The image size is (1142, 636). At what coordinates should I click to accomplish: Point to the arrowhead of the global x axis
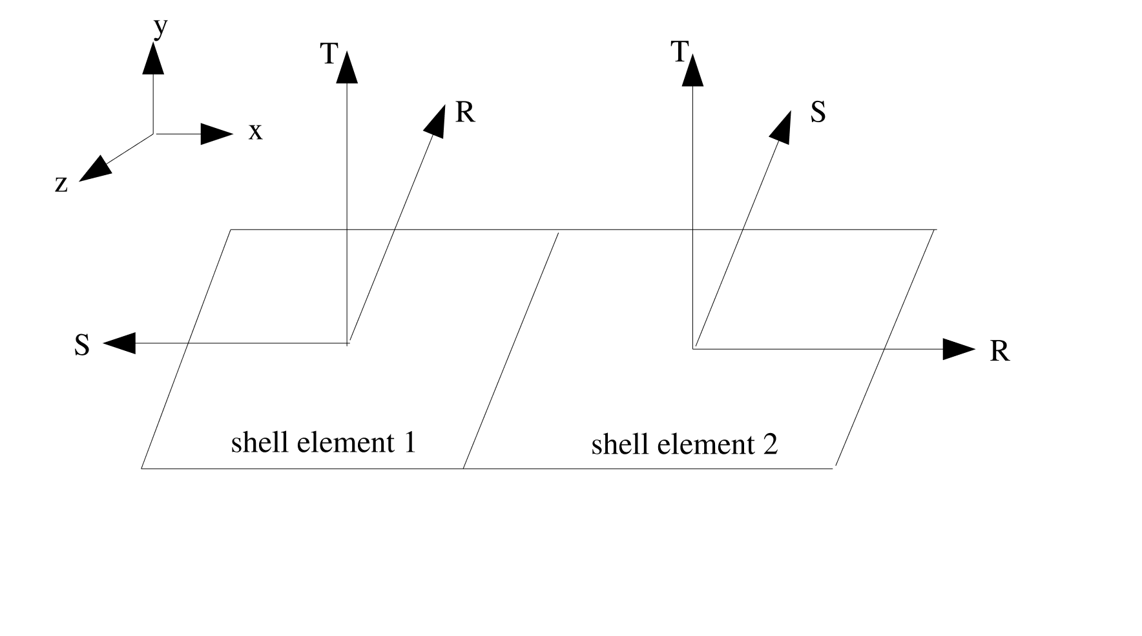point(216,134)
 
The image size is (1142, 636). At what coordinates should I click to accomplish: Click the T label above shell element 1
point(329,54)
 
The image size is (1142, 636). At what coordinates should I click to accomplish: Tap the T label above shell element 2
point(678,52)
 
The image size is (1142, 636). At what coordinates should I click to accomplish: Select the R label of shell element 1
point(465,112)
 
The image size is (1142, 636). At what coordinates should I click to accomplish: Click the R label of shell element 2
point(999,352)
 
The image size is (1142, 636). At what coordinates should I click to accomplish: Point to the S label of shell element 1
point(81,346)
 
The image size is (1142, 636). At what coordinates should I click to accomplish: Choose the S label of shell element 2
point(818,112)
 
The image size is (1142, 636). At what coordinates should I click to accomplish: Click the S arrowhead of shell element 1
point(119,343)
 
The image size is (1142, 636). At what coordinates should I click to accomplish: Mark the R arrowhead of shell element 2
point(958,349)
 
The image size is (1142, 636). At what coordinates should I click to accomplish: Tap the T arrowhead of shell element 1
point(347,68)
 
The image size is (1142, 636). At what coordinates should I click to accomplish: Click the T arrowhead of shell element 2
point(692,70)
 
